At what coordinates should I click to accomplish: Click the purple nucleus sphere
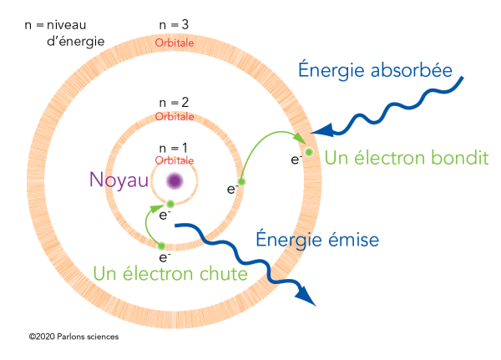tap(175, 180)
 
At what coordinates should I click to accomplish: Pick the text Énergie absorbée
tap(375, 70)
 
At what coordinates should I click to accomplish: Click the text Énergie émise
tap(316, 240)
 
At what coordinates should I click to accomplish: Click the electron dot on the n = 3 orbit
tap(309, 152)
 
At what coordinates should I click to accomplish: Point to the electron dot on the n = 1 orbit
tap(170, 204)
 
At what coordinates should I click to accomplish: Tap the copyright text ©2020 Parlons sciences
tap(73, 337)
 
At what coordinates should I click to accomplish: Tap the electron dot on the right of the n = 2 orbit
tap(241, 181)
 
